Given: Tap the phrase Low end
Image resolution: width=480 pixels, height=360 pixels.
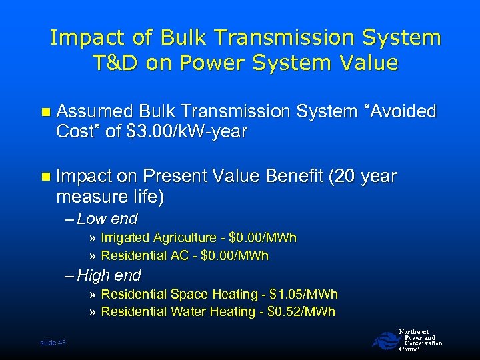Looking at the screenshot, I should coord(107,219).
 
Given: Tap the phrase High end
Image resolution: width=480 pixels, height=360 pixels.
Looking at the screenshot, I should coord(109,275).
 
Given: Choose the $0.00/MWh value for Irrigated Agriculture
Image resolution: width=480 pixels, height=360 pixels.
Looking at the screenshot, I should coord(263,238).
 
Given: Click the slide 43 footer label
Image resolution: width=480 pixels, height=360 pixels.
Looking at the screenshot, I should coord(53,343).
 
